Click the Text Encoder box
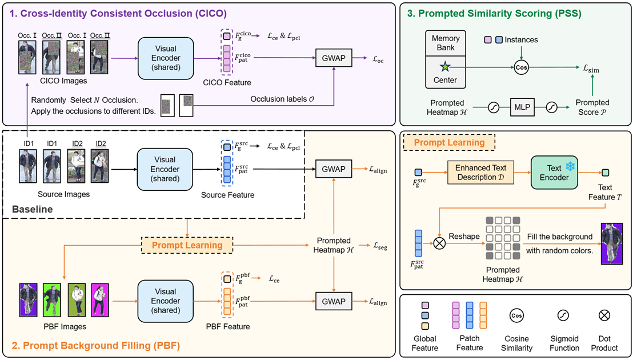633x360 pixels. pos(554,173)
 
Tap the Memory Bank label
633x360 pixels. pos(446,43)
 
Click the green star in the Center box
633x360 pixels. pos(446,67)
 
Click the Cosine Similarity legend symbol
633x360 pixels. pos(516,315)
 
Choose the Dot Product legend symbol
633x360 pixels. pos(604,315)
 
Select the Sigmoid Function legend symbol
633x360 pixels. pos(562,315)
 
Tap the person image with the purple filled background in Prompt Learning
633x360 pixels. pos(612,243)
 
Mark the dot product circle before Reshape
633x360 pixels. pos(440,242)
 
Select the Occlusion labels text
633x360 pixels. pos(282,99)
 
